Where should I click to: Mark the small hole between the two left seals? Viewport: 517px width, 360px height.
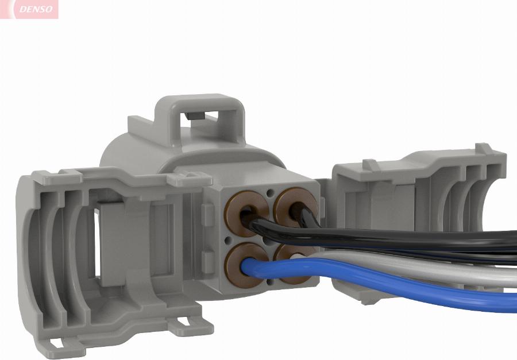coord(229,236)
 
